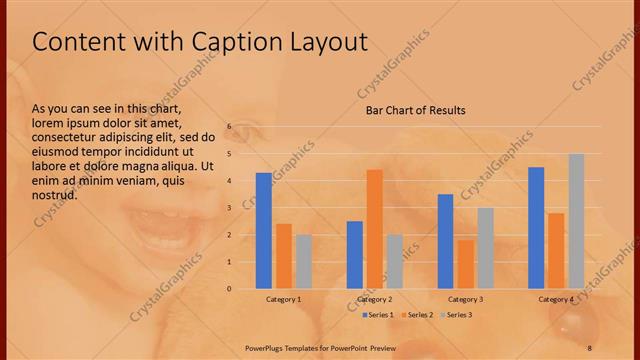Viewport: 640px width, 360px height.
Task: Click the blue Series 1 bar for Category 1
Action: (x=264, y=231)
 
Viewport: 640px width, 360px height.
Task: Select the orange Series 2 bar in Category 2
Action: (x=374, y=229)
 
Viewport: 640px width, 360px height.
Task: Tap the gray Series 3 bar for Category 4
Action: (x=576, y=221)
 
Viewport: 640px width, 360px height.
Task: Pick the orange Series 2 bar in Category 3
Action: (x=465, y=264)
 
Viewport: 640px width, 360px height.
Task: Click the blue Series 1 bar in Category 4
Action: (x=536, y=228)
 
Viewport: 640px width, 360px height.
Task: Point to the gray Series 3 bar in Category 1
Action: (x=303, y=262)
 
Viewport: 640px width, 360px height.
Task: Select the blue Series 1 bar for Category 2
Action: (x=355, y=255)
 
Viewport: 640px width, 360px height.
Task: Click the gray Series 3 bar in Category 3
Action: (x=485, y=248)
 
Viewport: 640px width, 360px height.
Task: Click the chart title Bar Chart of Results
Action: (x=415, y=110)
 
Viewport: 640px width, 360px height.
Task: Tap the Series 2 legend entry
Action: (x=418, y=315)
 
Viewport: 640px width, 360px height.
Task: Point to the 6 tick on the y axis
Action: (x=229, y=127)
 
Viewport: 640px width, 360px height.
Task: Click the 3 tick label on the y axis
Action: (x=229, y=208)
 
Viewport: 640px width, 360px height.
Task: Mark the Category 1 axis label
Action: (x=284, y=299)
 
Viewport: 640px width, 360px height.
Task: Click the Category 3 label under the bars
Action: (x=465, y=299)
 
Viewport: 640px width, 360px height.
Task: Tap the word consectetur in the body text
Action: (x=62, y=137)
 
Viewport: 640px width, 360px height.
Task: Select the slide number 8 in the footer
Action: (x=590, y=346)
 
